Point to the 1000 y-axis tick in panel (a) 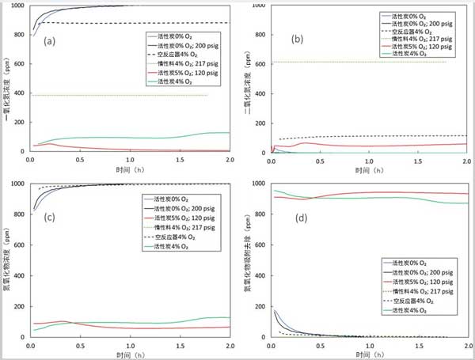click(17, 6)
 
